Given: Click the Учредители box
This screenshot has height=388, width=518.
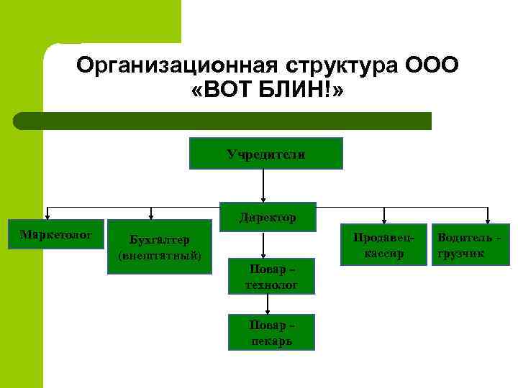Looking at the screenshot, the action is coord(265,154).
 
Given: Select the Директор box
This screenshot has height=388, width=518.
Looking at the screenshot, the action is coord(267,216).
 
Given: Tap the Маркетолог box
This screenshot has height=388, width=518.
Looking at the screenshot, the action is coord(55,234).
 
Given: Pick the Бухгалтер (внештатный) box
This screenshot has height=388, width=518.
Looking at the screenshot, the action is coord(159,249).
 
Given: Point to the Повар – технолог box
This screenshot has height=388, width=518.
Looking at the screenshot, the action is coord(272,277).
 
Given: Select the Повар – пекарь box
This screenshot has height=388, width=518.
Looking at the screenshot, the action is coord(271,332).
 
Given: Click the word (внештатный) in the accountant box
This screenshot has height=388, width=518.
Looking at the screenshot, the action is coord(159,256).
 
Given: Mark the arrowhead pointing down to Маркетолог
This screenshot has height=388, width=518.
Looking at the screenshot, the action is coord(47,215).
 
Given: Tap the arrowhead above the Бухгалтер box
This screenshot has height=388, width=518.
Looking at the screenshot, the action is coord(150,215).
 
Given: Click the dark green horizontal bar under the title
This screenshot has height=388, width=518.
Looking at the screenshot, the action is coord(223,121).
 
